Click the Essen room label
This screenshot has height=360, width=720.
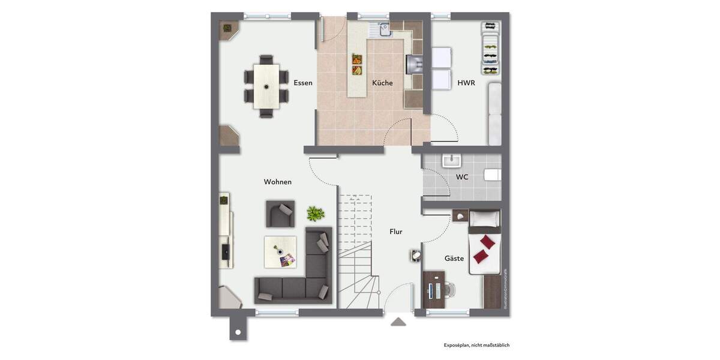tap(303, 83)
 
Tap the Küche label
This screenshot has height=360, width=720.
tap(382, 83)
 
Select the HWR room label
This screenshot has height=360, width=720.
tap(466, 83)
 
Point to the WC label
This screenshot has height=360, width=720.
tap(462, 177)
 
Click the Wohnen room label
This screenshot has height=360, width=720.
tap(278, 182)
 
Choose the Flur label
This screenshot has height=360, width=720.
tap(396, 231)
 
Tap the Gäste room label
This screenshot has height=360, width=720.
tap(454, 259)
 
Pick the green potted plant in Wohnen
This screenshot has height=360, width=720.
tap(316, 213)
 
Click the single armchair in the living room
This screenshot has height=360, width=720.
tap(280, 214)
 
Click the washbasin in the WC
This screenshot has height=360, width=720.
tap(451, 161)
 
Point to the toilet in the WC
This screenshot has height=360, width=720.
tap(493, 175)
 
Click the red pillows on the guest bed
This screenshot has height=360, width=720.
tap(485, 249)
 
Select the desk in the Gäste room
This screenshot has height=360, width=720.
tap(434, 290)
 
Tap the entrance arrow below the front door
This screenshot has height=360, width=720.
tap(398, 322)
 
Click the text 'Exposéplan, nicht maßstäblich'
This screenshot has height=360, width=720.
tap(476, 345)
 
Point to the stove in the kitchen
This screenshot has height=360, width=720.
tap(415, 63)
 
